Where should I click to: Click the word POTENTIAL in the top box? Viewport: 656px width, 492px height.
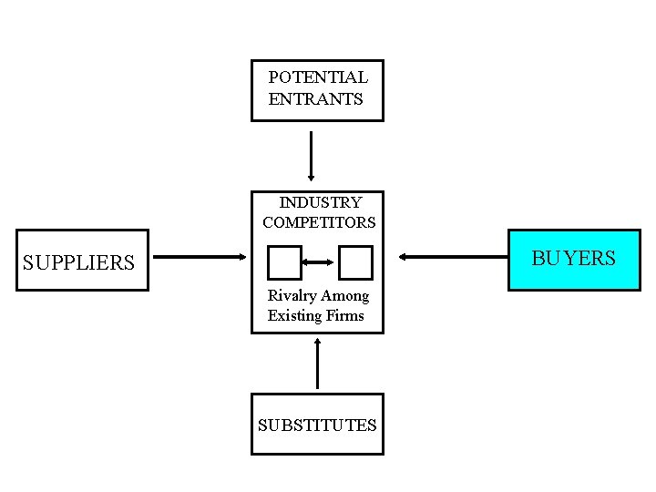tap(318, 78)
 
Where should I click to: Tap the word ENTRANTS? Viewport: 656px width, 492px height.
tap(315, 98)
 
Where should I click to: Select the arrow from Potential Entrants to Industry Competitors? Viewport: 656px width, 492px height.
tap(312, 156)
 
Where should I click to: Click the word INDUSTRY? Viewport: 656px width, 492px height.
tap(320, 202)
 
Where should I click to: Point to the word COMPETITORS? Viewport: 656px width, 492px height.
tap(319, 221)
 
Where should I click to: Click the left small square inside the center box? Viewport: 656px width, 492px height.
tap(284, 262)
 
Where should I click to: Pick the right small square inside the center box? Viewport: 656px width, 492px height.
tap(355, 262)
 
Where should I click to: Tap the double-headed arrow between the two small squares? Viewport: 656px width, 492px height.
tap(320, 262)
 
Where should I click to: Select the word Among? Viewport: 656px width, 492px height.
tap(345, 296)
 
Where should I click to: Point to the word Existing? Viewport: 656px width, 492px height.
tap(294, 316)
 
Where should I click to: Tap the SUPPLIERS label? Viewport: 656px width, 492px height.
tap(78, 263)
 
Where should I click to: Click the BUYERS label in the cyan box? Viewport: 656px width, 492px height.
tap(574, 259)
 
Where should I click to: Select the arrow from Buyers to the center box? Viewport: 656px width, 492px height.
tap(451, 258)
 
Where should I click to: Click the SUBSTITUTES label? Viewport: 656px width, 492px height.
tap(317, 425)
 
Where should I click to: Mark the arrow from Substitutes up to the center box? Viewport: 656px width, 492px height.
tap(317, 364)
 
